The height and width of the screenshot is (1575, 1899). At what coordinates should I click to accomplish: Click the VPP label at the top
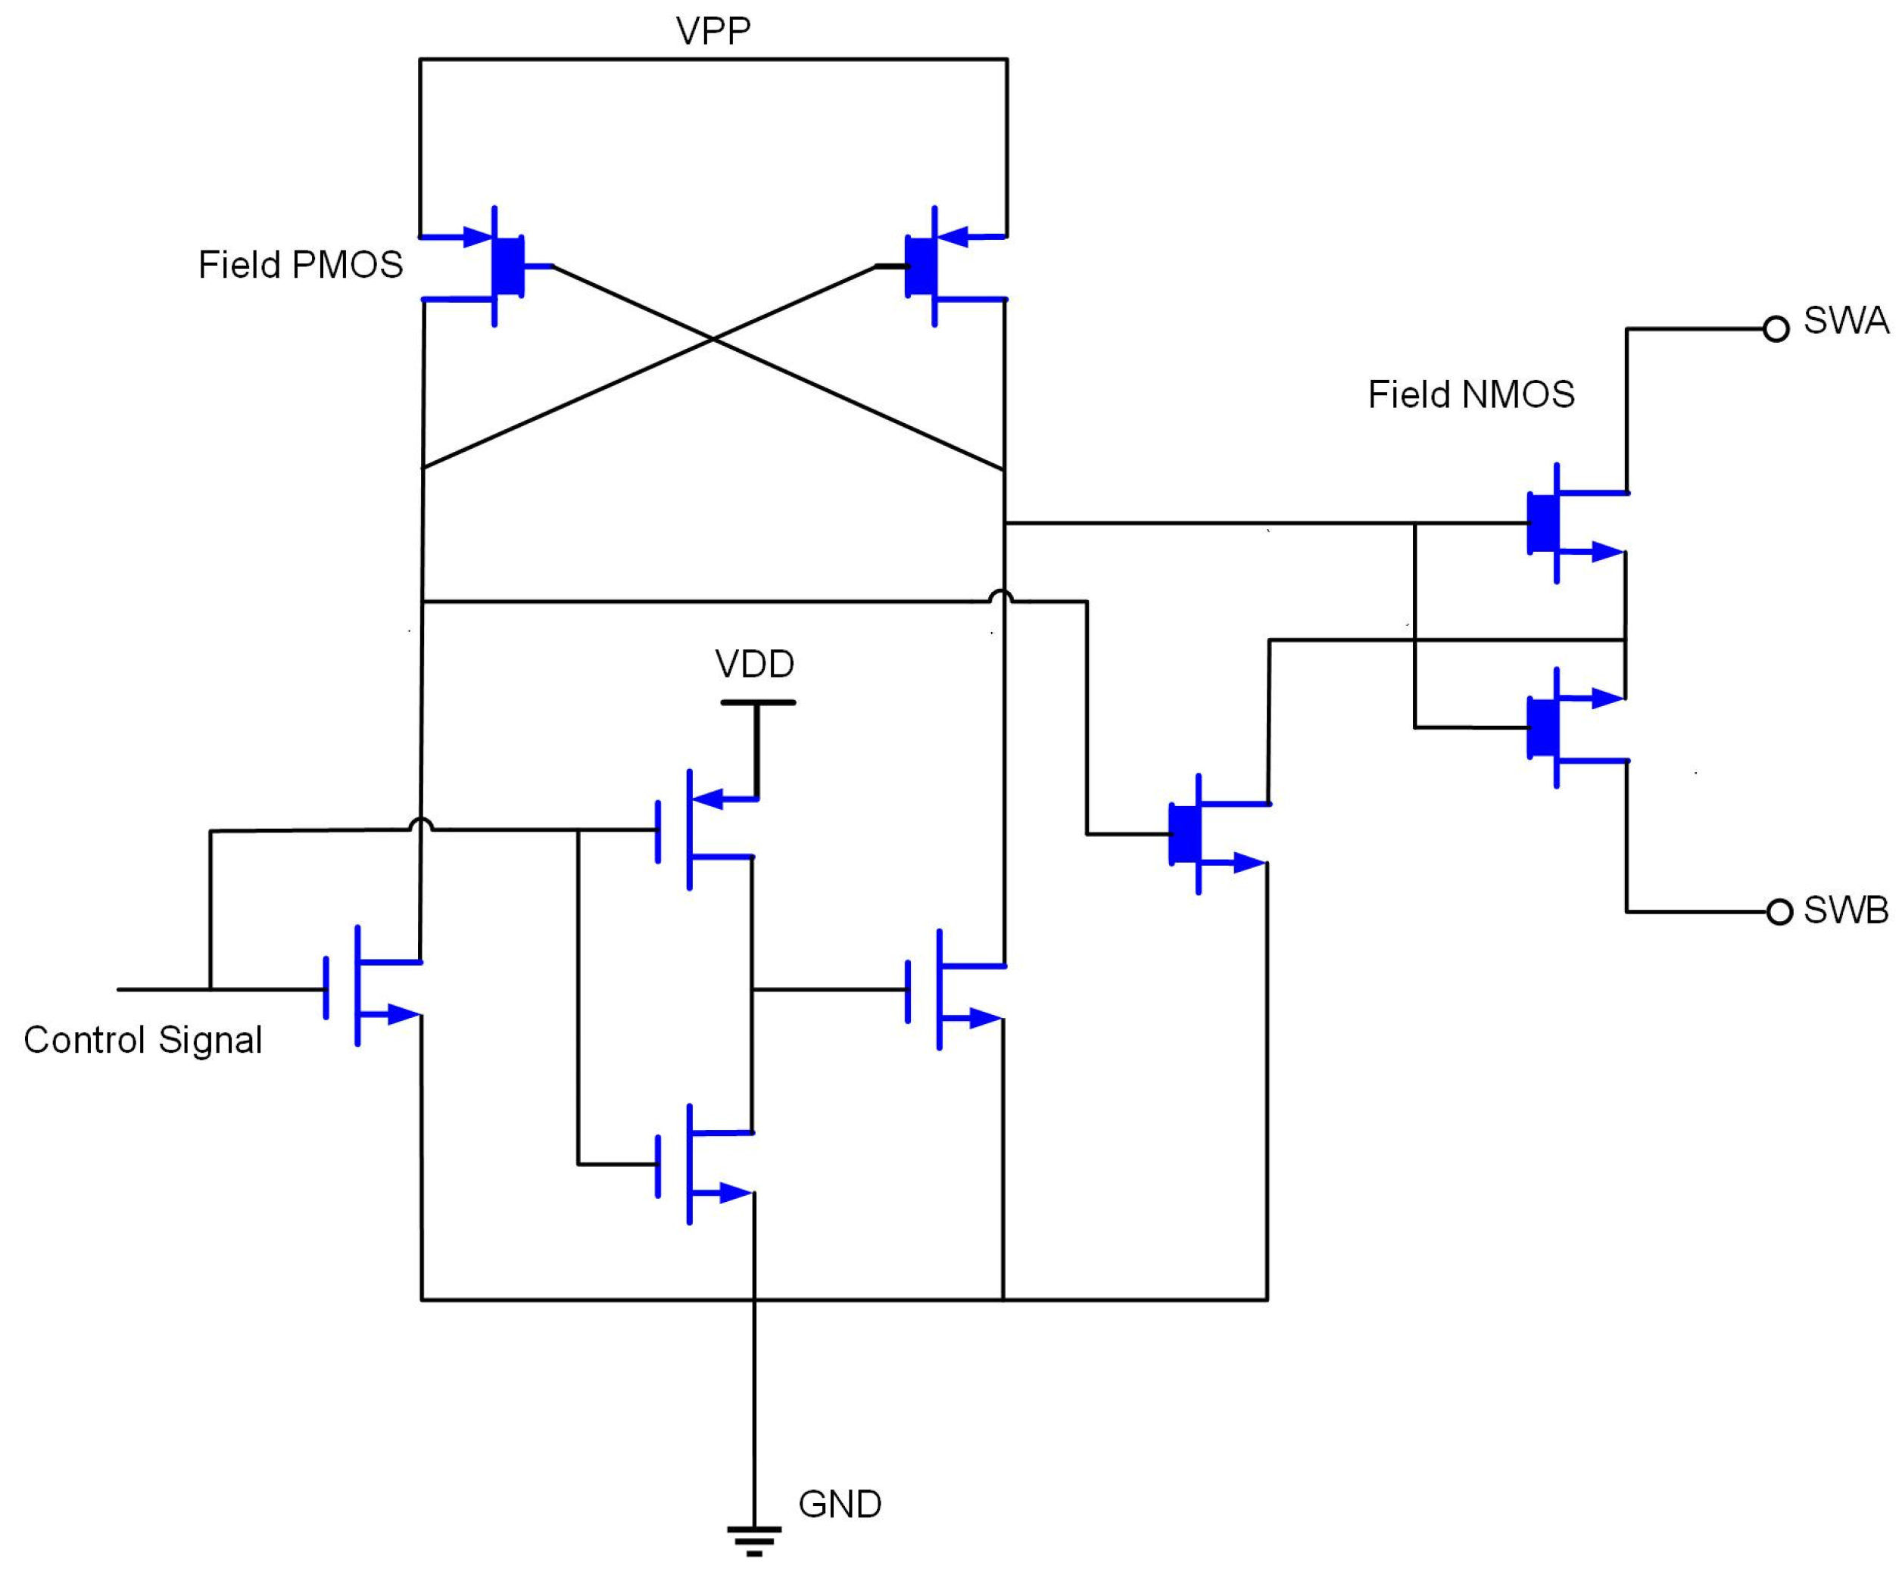(x=713, y=31)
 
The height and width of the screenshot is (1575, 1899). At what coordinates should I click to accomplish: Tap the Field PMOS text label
(x=301, y=265)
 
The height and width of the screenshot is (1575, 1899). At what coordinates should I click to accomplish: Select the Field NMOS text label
(x=1471, y=395)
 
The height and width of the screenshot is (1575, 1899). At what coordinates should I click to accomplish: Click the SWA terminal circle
(x=1776, y=329)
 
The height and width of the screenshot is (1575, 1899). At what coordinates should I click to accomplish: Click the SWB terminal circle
(x=1779, y=912)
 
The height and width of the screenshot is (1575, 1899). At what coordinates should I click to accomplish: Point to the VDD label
(x=754, y=665)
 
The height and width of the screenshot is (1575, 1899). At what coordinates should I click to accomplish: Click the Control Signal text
(x=143, y=1040)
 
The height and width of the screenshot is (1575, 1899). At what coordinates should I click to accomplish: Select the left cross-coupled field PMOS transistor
(x=497, y=266)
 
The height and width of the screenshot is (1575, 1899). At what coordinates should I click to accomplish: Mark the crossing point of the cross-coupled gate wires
(x=713, y=340)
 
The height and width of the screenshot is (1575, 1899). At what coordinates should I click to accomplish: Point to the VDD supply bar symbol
(x=758, y=702)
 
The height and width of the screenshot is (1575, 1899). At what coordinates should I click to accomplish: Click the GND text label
(x=839, y=1505)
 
